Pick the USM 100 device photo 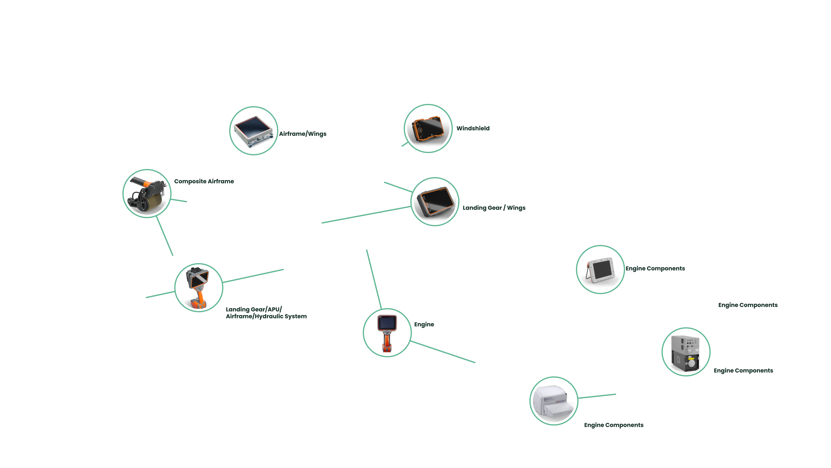pyautogui.click(x=435, y=201)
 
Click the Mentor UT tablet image pyautogui.click(x=600, y=269)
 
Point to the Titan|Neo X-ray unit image pyautogui.click(x=686, y=352)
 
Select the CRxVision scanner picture pyautogui.click(x=554, y=401)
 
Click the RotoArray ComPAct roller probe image pyautogui.click(x=147, y=193)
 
